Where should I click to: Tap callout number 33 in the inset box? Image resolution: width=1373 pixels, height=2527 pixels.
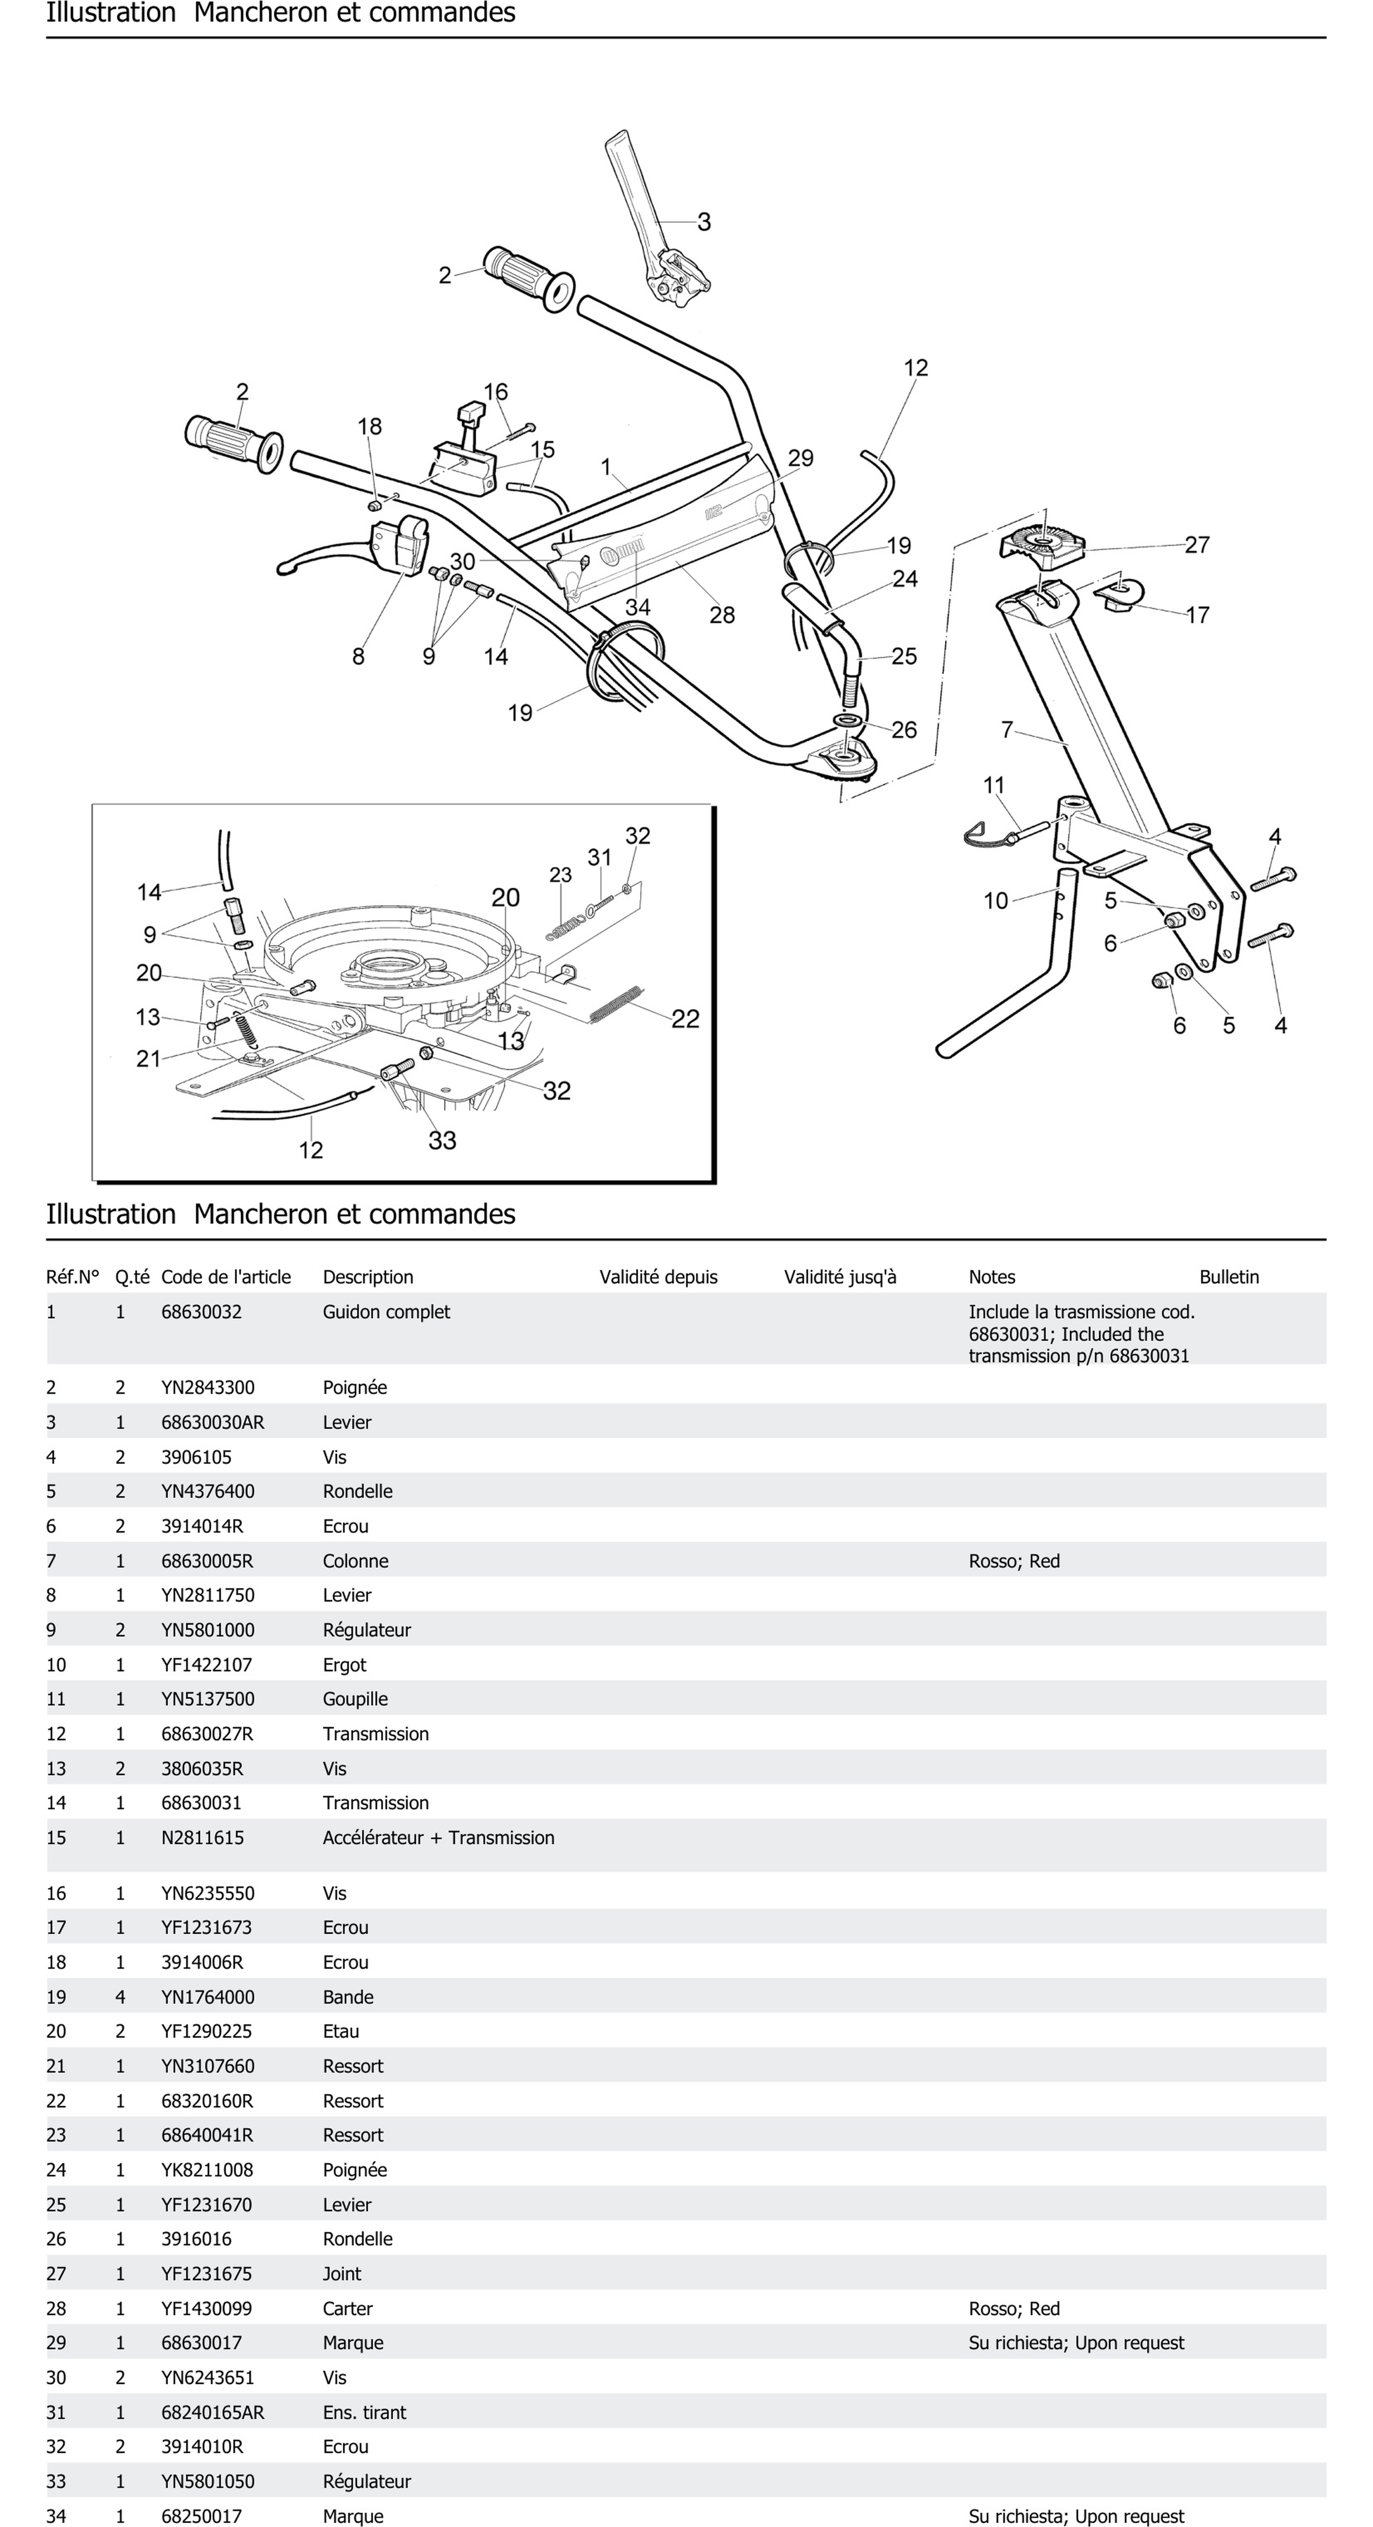click(x=442, y=1140)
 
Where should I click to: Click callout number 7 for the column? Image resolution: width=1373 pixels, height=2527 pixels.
click(x=1006, y=730)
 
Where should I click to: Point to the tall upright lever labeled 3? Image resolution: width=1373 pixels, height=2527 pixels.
click(x=637, y=196)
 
